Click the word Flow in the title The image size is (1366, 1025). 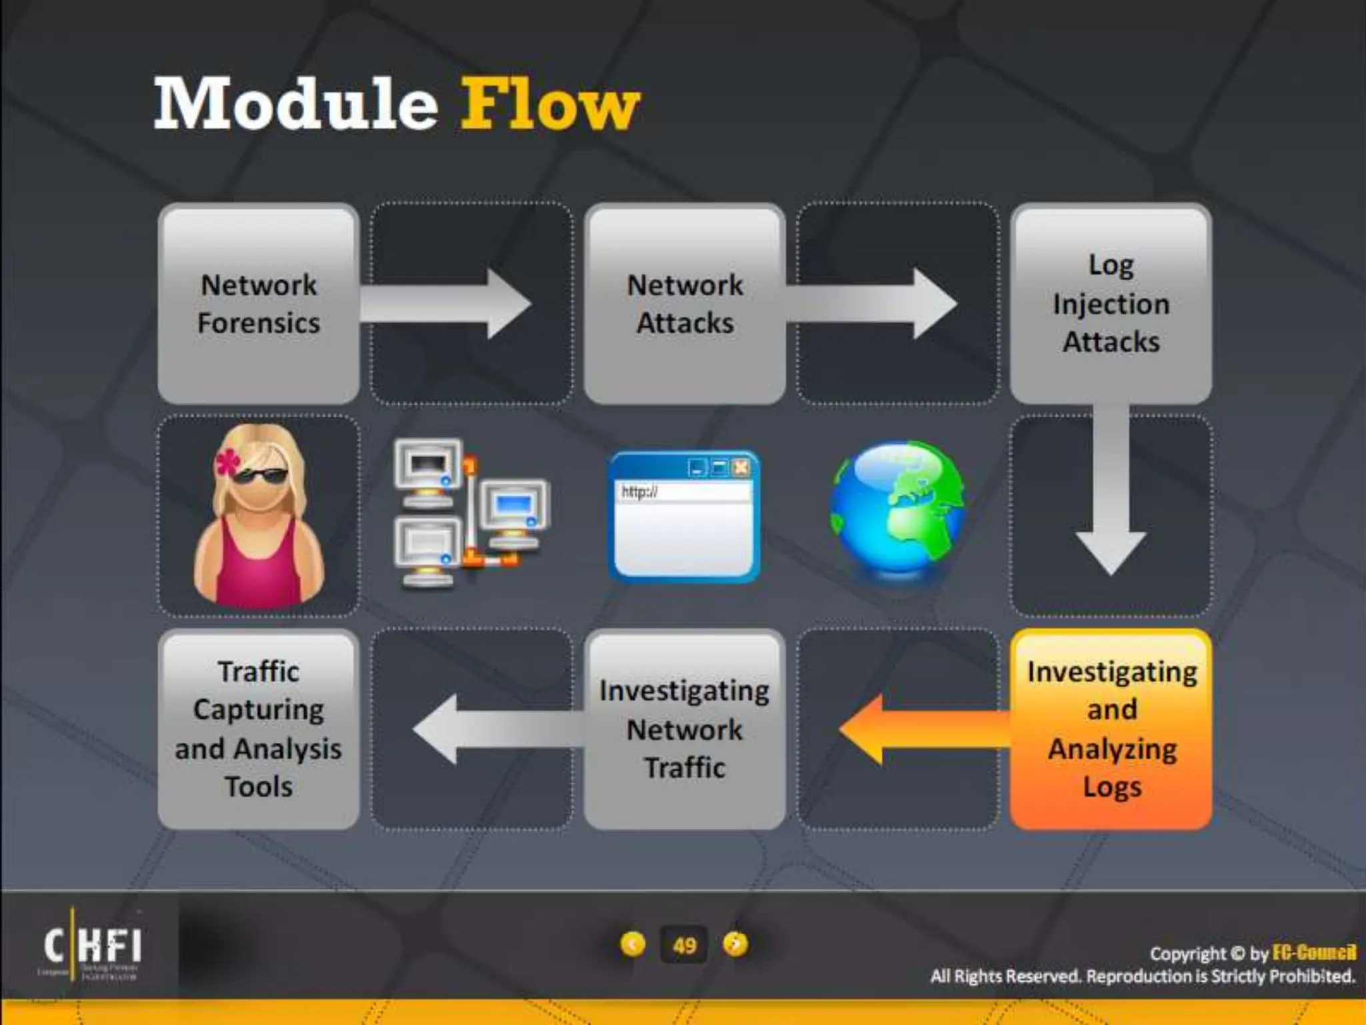tap(550, 104)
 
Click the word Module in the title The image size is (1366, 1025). tap(295, 104)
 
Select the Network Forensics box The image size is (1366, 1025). tap(259, 304)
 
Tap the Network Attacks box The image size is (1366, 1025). tap(684, 304)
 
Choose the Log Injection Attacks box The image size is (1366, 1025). tap(1111, 304)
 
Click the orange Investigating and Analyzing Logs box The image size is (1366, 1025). tap(1111, 729)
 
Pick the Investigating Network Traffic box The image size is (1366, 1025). tap(684, 729)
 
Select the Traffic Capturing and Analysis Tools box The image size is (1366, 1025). tap(259, 729)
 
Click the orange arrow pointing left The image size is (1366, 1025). tap(920, 729)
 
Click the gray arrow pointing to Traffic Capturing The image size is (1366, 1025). tap(494, 729)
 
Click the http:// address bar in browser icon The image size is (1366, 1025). tap(682, 492)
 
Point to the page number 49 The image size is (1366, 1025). tap(684, 945)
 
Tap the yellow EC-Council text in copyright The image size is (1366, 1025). tap(1313, 952)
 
